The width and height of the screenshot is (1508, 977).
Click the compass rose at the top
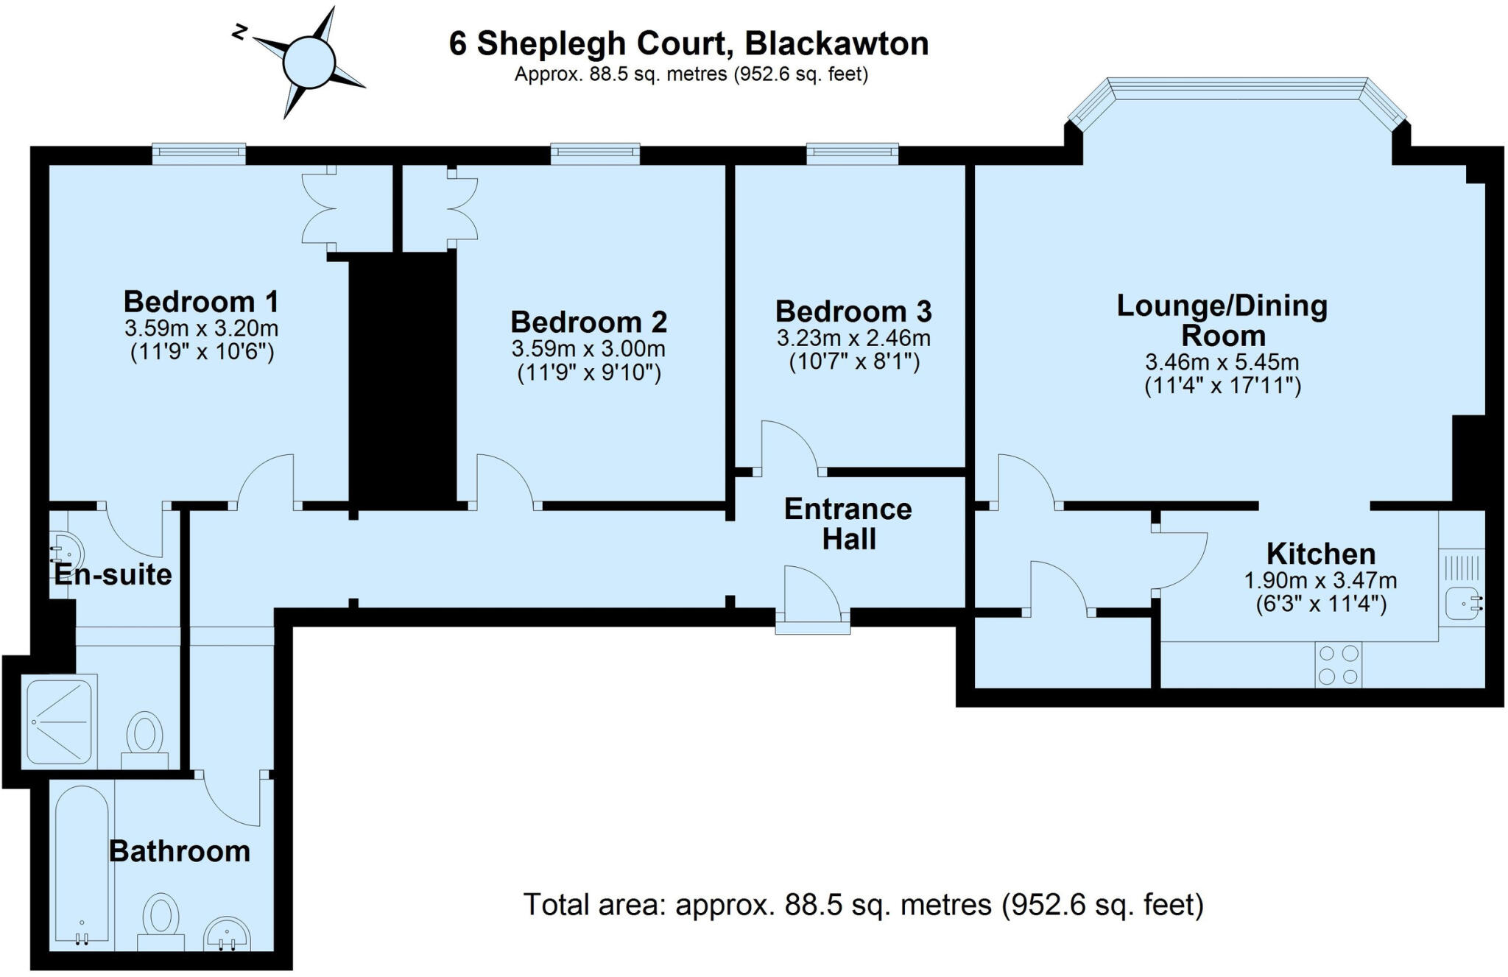point(309,62)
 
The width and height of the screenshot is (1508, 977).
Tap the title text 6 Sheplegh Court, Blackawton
point(688,43)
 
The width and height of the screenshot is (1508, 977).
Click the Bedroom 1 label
point(201,302)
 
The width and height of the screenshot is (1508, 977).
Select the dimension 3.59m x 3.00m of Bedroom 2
point(588,348)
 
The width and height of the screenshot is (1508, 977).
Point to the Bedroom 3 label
point(853,311)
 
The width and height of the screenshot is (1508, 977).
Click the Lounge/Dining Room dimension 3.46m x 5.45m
point(1222,362)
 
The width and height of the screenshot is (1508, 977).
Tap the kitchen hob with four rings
point(1338,665)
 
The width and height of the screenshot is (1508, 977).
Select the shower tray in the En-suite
point(60,721)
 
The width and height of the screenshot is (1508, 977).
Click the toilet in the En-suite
point(145,733)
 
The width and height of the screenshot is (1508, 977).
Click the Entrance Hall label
point(848,523)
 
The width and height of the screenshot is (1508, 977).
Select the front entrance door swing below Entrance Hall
point(811,593)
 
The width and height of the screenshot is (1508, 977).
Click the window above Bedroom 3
point(852,153)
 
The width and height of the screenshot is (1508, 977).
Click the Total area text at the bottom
point(863,905)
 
